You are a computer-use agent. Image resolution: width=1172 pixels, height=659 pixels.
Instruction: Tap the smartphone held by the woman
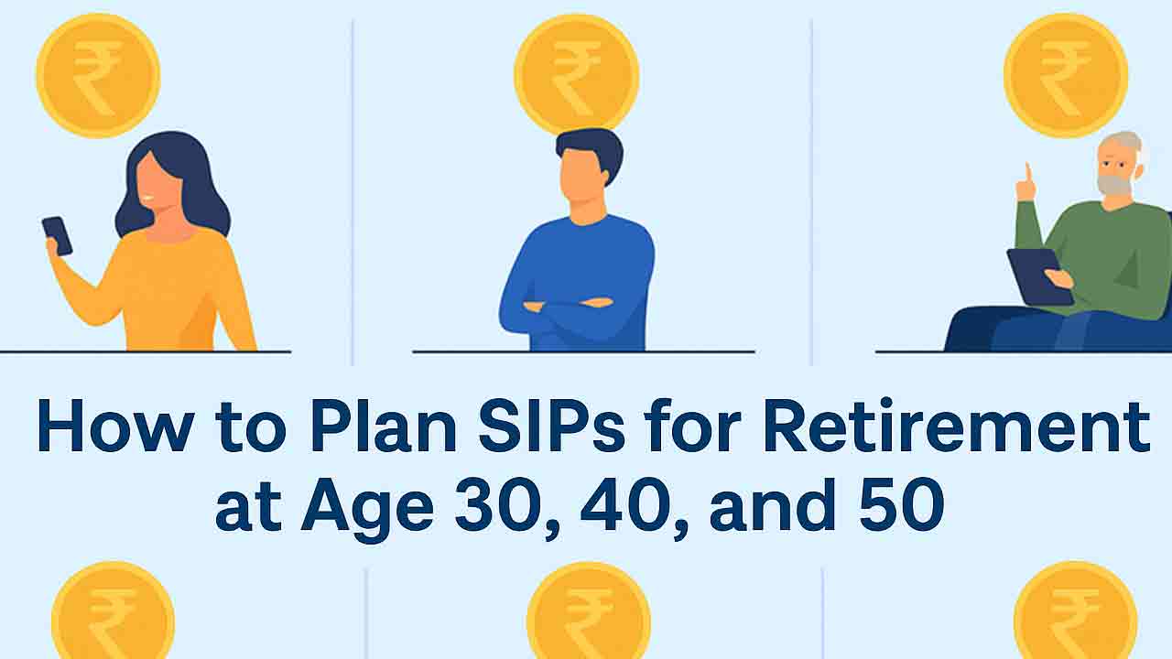coord(57,236)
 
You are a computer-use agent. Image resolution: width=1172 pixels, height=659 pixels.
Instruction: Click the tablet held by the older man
coord(1039,276)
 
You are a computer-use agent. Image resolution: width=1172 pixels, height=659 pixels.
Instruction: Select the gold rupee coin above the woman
coord(98,76)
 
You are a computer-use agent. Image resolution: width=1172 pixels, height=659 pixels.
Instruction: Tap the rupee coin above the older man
coord(1066,76)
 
